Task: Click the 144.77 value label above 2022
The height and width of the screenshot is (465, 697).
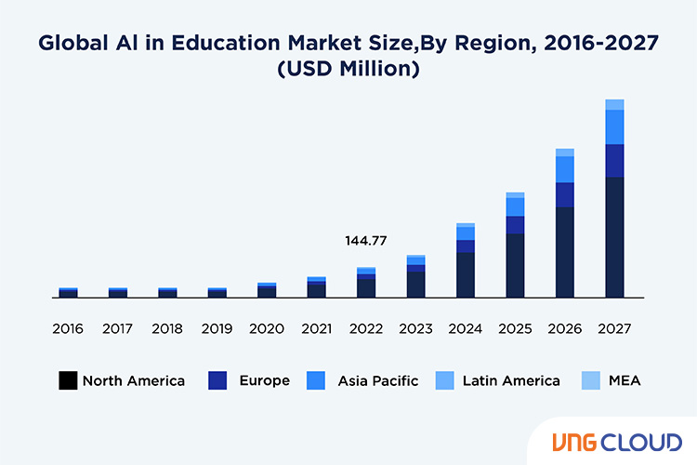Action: click(365, 241)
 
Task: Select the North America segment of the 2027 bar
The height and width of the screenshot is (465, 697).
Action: click(614, 237)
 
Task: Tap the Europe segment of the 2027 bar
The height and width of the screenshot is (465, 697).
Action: click(614, 160)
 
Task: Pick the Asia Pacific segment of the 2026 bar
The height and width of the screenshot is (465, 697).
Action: click(564, 169)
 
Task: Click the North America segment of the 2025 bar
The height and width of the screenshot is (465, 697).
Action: click(515, 265)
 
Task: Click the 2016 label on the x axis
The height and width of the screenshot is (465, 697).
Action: click(68, 329)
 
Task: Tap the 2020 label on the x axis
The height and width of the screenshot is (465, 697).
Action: click(267, 329)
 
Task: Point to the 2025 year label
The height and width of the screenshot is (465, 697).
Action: click(515, 329)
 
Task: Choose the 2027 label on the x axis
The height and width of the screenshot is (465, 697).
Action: click(614, 329)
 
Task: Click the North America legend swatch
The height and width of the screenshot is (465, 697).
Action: click(68, 380)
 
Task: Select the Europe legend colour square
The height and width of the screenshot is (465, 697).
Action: click(218, 380)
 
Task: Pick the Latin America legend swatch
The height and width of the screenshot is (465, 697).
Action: click(444, 380)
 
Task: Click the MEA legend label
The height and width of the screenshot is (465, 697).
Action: click(625, 380)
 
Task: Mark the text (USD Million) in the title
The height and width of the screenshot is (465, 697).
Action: click(348, 70)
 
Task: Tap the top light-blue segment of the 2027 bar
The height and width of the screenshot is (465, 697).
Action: click(614, 104)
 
